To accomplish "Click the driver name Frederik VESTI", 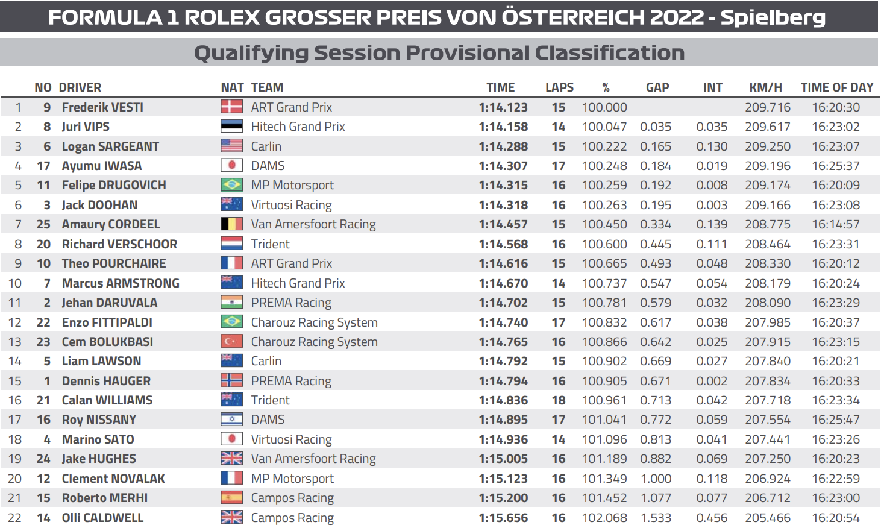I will tap(102, 107).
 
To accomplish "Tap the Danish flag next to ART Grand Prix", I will tap(231, 107).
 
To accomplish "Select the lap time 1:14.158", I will tap(503, 127).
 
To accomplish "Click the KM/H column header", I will tap(765, 87).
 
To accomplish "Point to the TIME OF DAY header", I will tap(836, 87).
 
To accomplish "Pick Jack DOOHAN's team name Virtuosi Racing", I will tap(291, 205).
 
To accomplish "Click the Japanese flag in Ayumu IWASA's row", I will tap(231, 166).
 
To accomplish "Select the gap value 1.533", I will tap(656, 518).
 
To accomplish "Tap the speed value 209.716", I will tap(768, 107).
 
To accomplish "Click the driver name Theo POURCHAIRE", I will tap(114, 263).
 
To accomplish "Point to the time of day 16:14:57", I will tap(836, 224).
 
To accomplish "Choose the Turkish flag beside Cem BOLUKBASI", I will tap(231, 342).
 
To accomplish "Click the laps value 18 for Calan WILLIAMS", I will tap(559, 400).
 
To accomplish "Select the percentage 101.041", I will tap(604, 420).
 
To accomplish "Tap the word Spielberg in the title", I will tap(773, 17).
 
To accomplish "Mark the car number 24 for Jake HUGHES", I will tap(43, 459).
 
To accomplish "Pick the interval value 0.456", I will tap(712, 518).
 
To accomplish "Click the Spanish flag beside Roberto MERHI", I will tap(231, 498).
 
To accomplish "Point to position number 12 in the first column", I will tap(15, 322).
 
